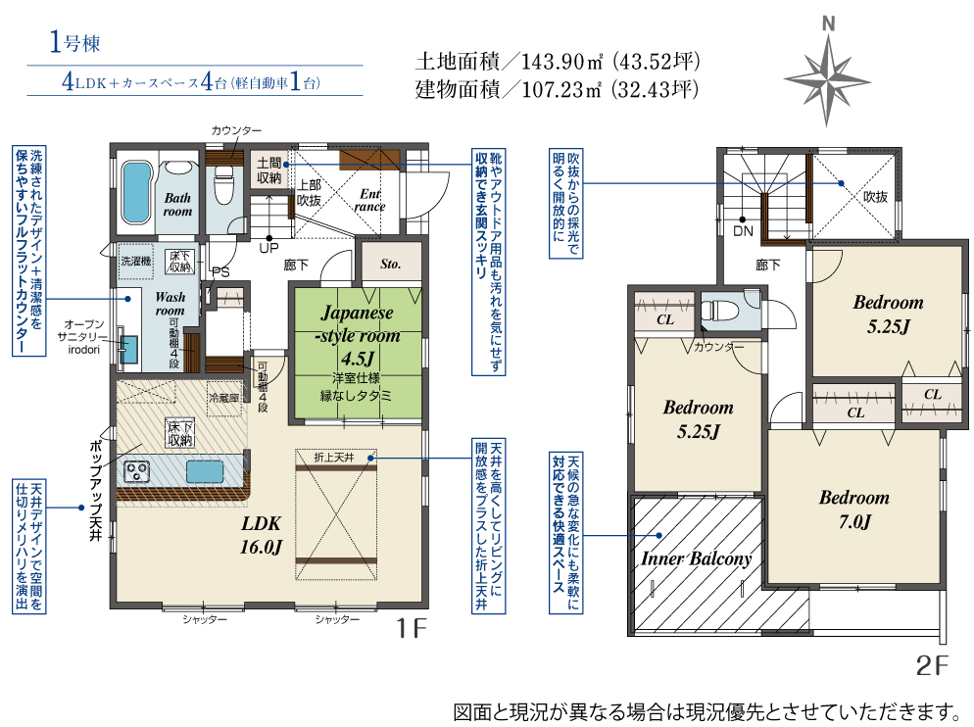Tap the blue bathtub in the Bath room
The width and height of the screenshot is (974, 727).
(x=136, y=193)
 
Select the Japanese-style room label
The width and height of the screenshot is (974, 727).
(x=358, y=335)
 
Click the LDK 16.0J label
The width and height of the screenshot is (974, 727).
(x=261, y=535)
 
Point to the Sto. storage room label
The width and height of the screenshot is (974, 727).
(x=391, y=265)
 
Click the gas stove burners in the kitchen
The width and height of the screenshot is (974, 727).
(x=136, y=471)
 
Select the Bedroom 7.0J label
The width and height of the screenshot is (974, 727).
(x=854, y=509)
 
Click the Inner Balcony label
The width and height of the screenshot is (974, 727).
(x=697, y=558)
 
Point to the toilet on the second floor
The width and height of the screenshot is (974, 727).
(x=719, y=309)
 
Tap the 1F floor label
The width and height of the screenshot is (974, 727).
(x=412, y=628)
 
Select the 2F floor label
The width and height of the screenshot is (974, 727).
(x=932, y=665)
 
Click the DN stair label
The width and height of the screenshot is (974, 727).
(x=743, y=231)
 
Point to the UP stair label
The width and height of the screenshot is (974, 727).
(x=268, y=248)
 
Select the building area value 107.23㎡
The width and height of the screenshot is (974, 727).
(x=560, y=90)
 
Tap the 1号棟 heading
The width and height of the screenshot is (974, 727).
(x=74, y=43)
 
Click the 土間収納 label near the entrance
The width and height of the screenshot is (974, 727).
(x=268, y=170)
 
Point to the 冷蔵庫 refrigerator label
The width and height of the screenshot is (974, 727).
(x=223, y=398)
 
